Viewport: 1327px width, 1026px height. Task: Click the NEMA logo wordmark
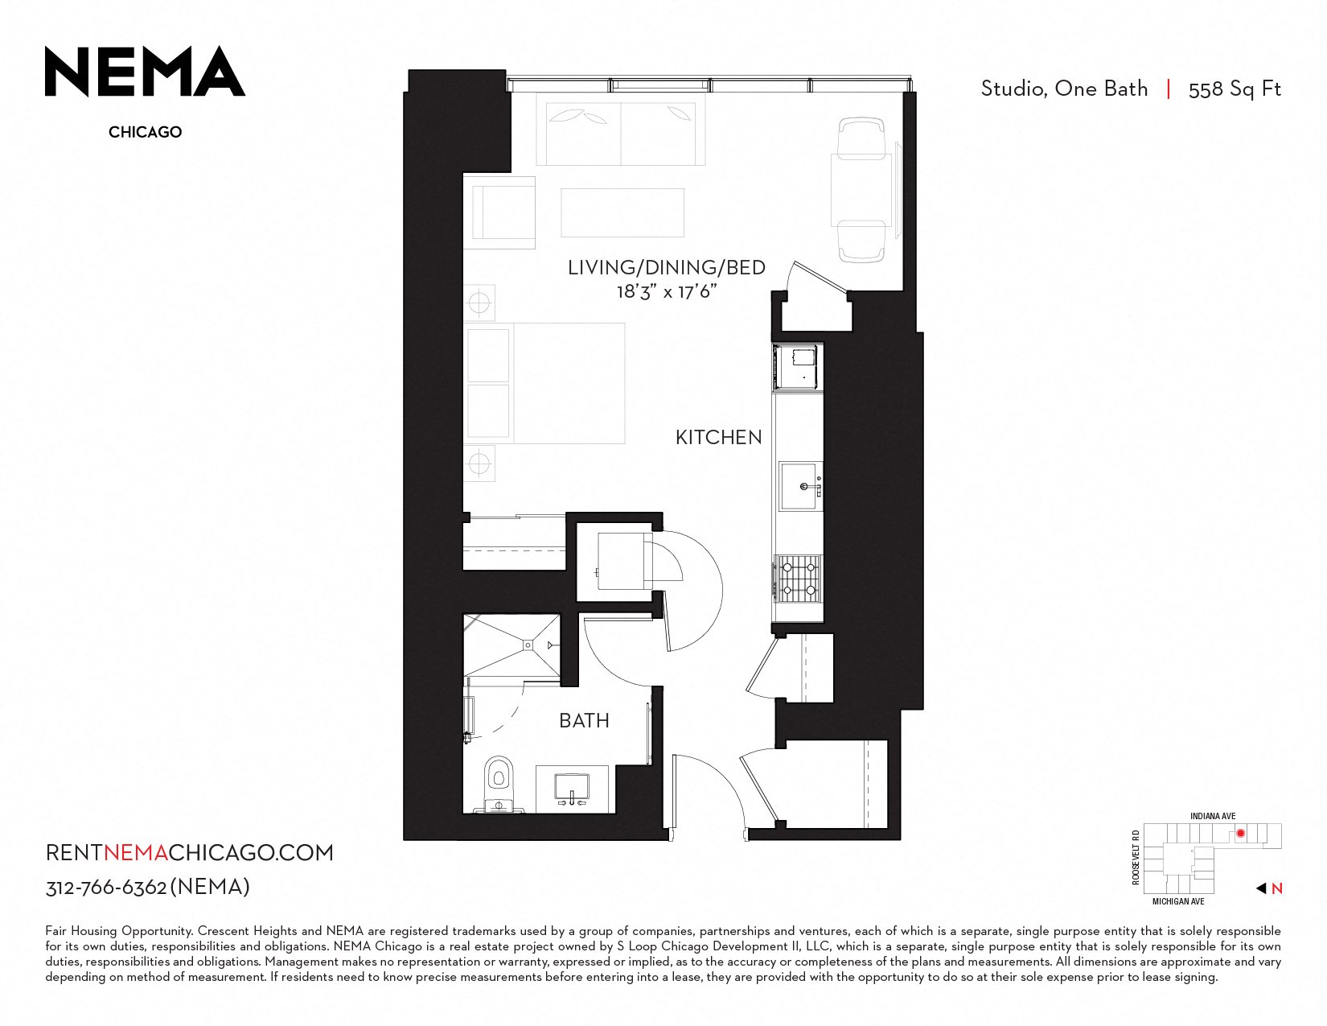click(145, 72)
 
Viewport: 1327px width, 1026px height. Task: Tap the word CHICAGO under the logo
click(146, 132)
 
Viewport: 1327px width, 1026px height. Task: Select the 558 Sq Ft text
click(1235, 89)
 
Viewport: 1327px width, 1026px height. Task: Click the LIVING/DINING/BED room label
click(666, 267)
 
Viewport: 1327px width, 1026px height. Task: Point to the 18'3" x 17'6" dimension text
click(666, 291)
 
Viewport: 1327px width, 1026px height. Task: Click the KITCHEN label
click(718, 437)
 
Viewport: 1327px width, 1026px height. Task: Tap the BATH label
click(584, 720)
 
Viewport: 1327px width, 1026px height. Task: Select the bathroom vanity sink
click(572, 789)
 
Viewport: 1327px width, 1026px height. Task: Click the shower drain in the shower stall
click(528, 645)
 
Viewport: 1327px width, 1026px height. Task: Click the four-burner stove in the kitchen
click(798, 579)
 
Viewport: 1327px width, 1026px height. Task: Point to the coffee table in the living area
click(622, 212)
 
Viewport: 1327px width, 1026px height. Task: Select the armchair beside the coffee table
click(499, 212)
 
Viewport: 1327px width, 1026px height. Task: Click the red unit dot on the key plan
click(1240, 833)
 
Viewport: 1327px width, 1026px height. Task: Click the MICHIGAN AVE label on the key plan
click(1178, 901)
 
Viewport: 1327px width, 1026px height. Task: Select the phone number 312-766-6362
click(105, 888)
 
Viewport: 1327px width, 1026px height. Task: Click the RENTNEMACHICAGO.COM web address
click(189, 852)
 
